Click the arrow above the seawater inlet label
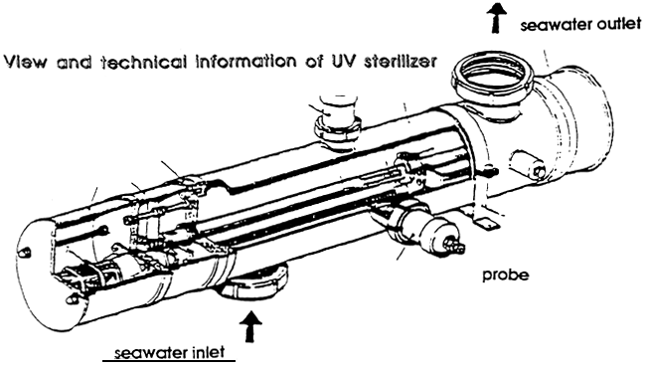click(x=250, y=325)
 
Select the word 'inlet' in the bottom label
click(x=209, y=353)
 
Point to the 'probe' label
click(x=506, y=276)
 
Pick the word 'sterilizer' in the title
click(x=401, y=62)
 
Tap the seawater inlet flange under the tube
click(x=253, y=285)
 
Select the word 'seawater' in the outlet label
click(x=555, y=25)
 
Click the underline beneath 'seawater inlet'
click(x=169, y=362)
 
